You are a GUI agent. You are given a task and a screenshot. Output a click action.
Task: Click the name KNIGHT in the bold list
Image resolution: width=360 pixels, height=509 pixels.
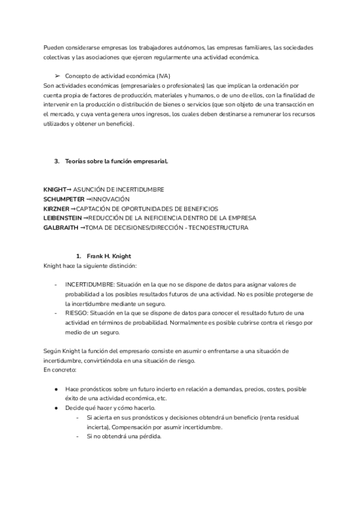point(55,190)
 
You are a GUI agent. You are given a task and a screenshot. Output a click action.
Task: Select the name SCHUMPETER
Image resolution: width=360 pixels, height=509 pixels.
point(64,199)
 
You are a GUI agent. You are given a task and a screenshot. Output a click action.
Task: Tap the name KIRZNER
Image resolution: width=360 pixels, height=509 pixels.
point(56,209)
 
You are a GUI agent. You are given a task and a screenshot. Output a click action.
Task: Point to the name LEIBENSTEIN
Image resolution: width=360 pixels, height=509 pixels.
point(62,218)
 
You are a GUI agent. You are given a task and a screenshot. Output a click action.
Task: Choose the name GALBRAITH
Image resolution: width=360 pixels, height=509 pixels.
point(61,228)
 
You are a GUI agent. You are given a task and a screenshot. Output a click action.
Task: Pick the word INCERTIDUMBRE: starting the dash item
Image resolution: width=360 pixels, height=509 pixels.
point(90,284)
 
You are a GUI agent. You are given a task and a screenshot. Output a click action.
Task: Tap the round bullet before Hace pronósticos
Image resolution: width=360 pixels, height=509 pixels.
point(56,389)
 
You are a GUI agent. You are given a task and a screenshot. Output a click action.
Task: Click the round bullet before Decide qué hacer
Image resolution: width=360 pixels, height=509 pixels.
point(56,408)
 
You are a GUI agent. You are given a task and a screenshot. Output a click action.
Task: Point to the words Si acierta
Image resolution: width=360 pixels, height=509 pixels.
point(100,418)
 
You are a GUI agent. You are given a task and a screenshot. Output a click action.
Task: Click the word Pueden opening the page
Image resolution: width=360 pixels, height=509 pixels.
point(55,47)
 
